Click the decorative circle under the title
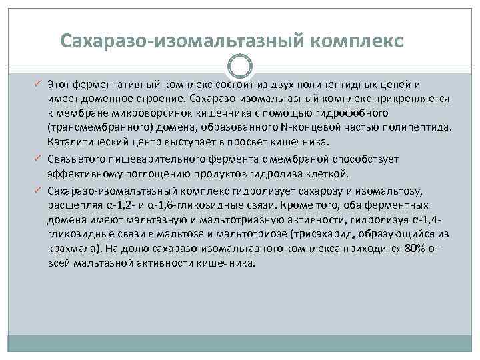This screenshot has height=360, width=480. coord(239,67)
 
